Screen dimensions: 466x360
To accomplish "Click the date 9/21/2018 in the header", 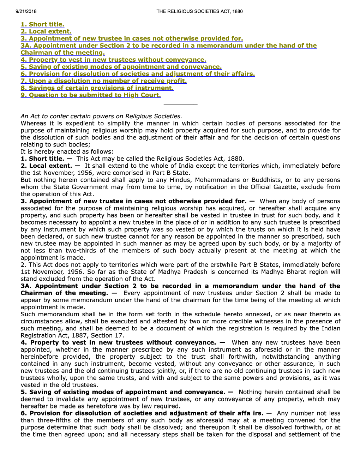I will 26,11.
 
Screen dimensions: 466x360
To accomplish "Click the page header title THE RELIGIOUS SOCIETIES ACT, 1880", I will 199,11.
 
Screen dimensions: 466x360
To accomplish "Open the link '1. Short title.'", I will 42,24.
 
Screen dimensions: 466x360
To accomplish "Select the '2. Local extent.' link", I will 46,31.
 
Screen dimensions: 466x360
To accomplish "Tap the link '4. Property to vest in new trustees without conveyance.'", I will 113,60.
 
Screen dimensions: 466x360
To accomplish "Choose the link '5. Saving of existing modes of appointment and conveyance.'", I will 121,67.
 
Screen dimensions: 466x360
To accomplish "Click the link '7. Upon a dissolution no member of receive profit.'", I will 104,81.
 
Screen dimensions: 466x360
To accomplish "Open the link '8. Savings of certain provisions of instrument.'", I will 97,88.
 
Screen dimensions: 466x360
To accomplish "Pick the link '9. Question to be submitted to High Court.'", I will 91,95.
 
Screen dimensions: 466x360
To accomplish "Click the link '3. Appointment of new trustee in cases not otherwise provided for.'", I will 132,38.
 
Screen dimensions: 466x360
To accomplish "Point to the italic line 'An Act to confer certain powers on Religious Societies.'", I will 101,116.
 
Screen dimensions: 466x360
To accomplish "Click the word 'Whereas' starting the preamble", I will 34,123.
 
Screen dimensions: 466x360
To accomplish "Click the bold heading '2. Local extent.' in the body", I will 46,166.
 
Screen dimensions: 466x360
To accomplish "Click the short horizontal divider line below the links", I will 180,105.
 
